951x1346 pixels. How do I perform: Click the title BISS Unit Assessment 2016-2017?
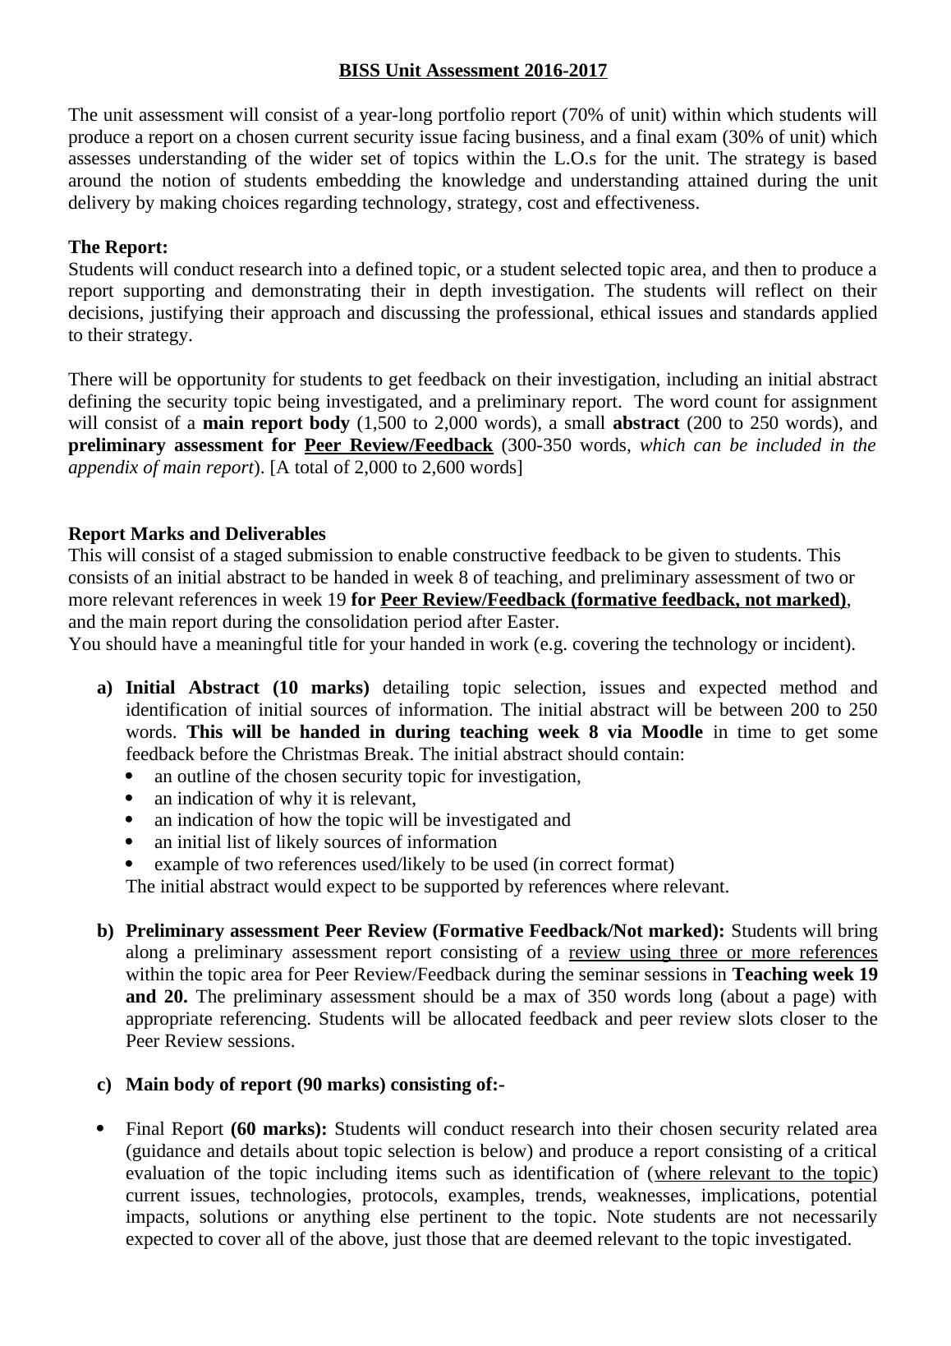(x=473, y=71)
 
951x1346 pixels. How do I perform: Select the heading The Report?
(x=118, y=247)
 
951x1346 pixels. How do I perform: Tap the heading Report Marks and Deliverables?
(x=197, y=534)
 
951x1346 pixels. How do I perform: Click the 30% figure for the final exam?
(x=749, y=137)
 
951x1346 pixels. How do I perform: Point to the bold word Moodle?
(x=672, y=732)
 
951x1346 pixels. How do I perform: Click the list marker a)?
(x=104, y=688)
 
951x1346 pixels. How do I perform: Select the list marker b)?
(x=104, y=931)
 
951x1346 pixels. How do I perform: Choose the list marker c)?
(x=104, y=1085)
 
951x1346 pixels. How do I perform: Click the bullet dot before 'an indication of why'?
(x=131, y=799)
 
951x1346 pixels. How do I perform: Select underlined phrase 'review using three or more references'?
(x=723, y=953)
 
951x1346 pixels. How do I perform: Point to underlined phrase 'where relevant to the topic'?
(x=762, y=1173)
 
